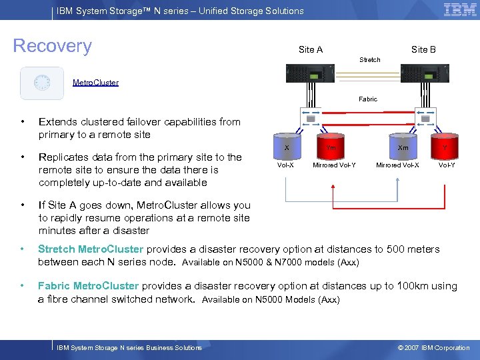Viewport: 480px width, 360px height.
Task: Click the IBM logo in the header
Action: [x=460, y=10]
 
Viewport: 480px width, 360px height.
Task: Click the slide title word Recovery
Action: [x=53, y=46]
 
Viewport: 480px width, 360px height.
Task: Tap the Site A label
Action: [x=311, y=49]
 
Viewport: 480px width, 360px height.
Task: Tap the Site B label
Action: [x=423, y=49]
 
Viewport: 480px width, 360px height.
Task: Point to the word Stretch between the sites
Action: [x=370, y=60]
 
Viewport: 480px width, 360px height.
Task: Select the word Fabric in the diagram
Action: [x=368, y=99]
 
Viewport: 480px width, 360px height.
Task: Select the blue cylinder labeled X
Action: [x=287, y=148]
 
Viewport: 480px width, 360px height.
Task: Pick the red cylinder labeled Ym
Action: [x=331, y=148]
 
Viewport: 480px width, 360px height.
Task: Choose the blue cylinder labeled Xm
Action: [x=403, y=148]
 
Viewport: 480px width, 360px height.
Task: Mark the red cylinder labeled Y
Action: [x=445, y=148]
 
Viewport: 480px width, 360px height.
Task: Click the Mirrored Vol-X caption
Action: [x=397, y=165]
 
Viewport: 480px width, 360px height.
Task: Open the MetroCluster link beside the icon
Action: [x=95, y=83]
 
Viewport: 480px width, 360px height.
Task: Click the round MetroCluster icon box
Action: [x=42, y=83]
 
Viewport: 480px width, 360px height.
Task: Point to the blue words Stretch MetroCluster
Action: [x=91, y=249]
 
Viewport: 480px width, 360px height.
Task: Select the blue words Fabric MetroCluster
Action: [x=88, y=286]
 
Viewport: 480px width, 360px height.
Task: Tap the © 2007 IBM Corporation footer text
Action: [x=433, y=347]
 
